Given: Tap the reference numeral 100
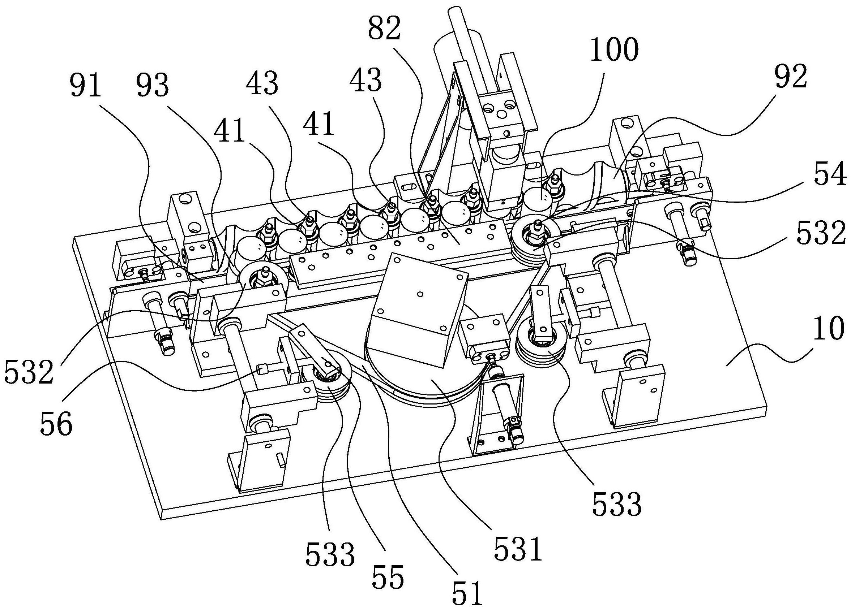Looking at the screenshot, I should click(614, 51).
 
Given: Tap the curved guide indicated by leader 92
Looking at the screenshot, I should click(615, 176).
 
